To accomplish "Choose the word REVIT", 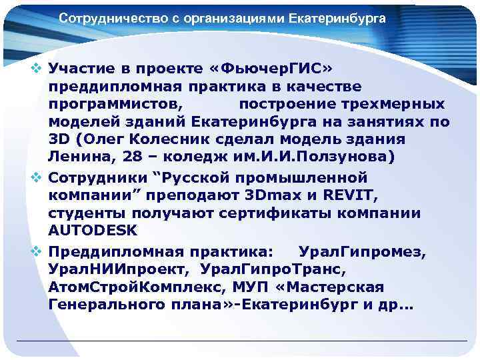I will pyautogui.click(x=352, y=196).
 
